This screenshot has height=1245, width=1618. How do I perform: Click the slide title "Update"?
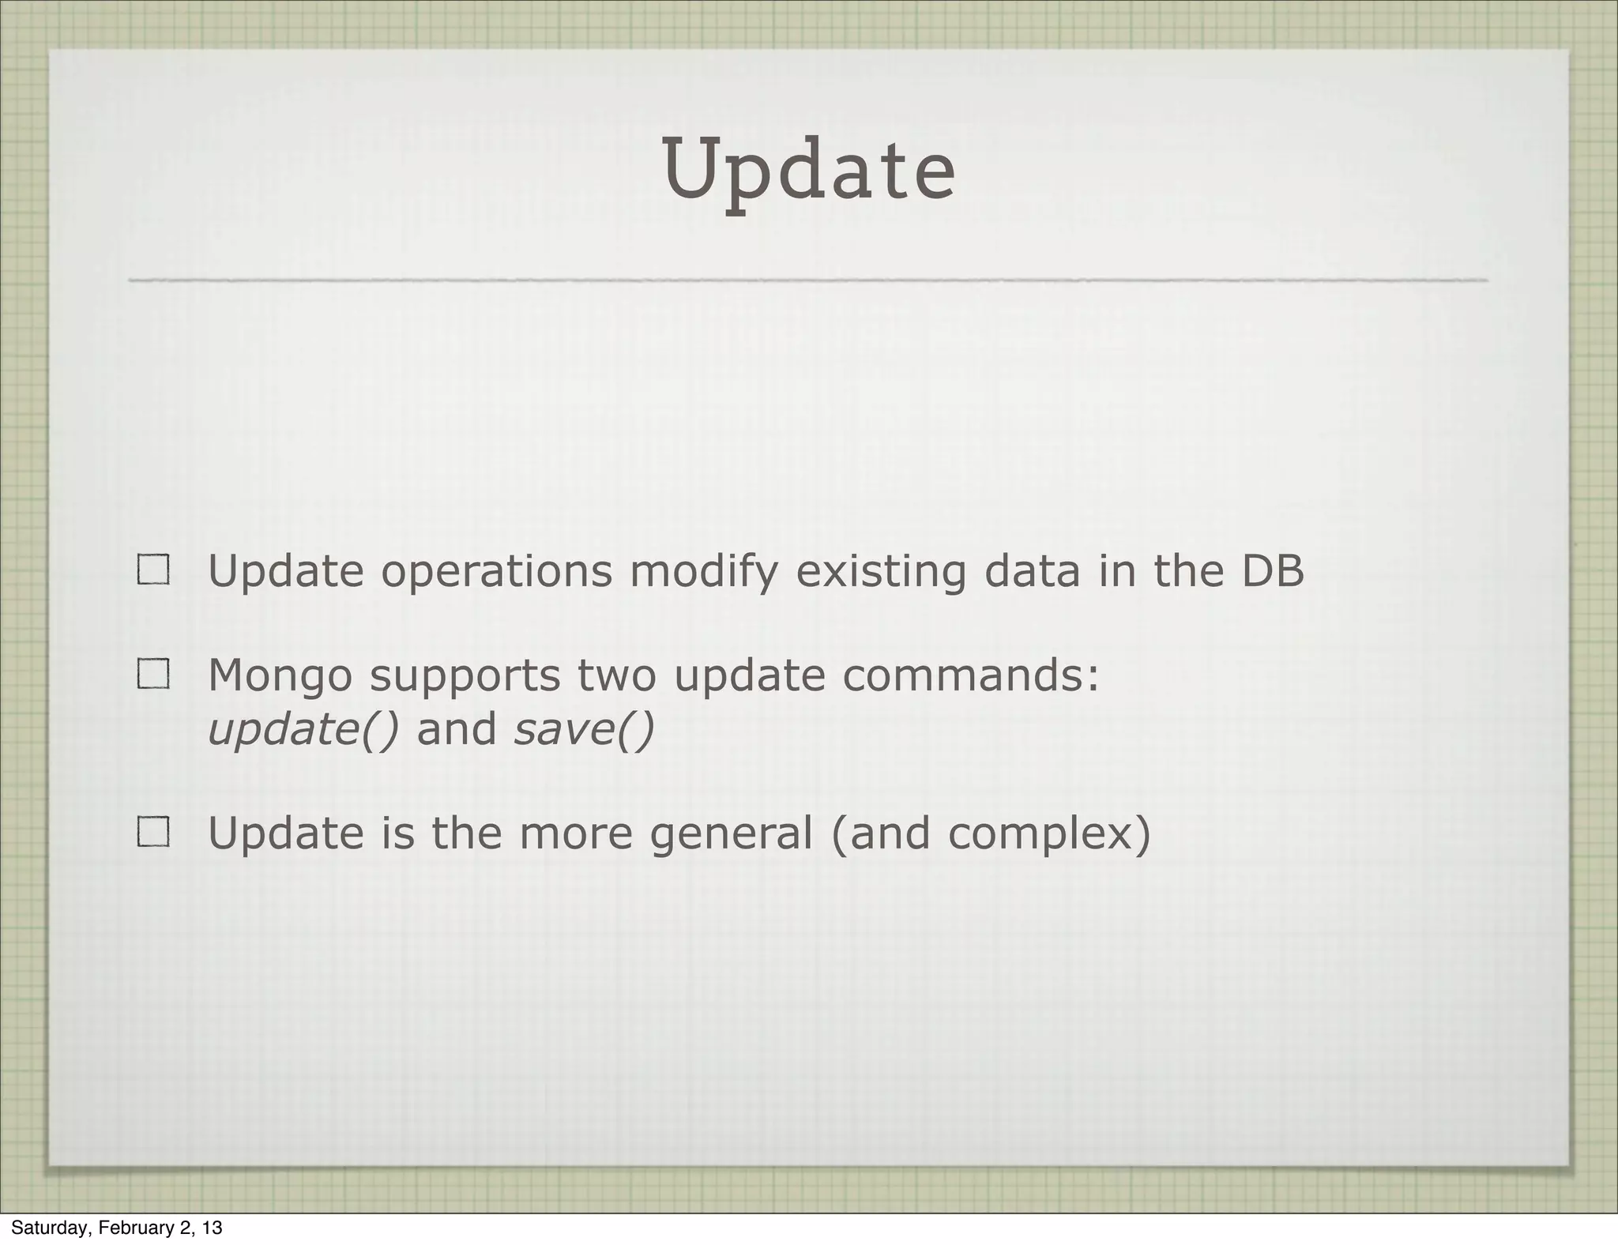[809, 171]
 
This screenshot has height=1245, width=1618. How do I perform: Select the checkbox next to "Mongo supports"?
[153, 674]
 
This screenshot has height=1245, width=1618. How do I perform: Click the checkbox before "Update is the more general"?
[153, 832]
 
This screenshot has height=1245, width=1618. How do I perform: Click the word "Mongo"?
[280, 676]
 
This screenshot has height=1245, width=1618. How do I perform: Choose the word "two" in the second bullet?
[616, 676]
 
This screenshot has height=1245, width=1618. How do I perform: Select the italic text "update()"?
[303, 728]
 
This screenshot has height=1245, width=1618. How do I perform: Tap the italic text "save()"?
[584, 728]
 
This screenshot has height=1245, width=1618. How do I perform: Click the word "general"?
[731, 834]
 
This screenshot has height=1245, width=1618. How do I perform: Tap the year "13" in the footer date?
[212, 1228]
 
